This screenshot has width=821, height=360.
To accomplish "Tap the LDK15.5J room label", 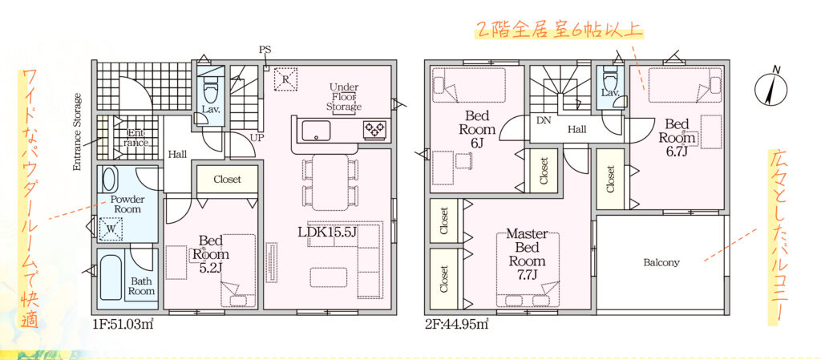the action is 327,232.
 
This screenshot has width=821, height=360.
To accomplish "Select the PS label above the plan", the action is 265,50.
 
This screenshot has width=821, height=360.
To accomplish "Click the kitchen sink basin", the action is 316,131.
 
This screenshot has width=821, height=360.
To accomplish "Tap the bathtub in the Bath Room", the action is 111,276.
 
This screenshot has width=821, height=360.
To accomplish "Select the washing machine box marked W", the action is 111,229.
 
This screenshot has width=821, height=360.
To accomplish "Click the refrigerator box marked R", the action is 285,79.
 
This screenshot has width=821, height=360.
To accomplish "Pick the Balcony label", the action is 661,263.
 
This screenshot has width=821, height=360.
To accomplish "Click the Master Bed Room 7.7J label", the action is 528,254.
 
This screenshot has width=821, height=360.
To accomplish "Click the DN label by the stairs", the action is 544,119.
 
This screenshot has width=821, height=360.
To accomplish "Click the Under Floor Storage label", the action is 343,97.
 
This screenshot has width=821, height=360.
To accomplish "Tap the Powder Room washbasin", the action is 109,179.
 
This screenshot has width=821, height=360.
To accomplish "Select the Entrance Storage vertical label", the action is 78,131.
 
